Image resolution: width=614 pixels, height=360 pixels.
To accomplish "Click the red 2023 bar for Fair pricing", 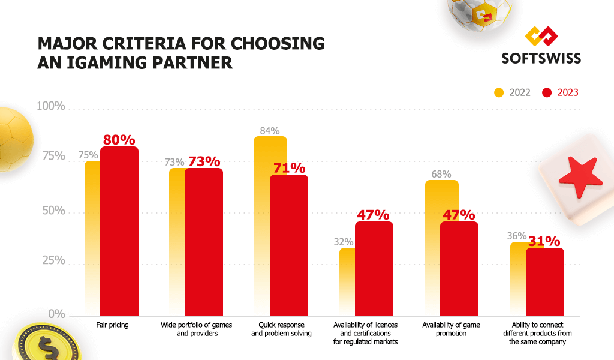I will tap(119, 231).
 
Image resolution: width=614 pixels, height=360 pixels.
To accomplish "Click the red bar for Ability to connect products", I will tap(544, 281).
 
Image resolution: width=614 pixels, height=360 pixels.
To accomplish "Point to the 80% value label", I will tap(119, 140).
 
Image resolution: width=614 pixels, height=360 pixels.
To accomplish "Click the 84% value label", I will tap(270, 131).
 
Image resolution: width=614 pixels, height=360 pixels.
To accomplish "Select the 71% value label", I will tap(290, 168).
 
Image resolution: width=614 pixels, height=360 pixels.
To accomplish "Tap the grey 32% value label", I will tap(344, 242).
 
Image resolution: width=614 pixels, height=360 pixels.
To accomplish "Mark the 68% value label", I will tap(441, 175).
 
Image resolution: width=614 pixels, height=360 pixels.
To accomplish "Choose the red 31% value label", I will tap(544, 241).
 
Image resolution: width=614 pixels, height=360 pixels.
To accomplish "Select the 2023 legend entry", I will tap(560, 92).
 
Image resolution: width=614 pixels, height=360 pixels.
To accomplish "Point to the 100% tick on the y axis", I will tap(51, 106).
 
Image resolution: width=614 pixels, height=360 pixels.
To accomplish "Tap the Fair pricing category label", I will tap(113, 325).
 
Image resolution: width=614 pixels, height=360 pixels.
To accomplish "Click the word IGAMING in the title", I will tap(103, 62).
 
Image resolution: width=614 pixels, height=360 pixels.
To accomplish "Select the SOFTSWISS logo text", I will tap(541, 58).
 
